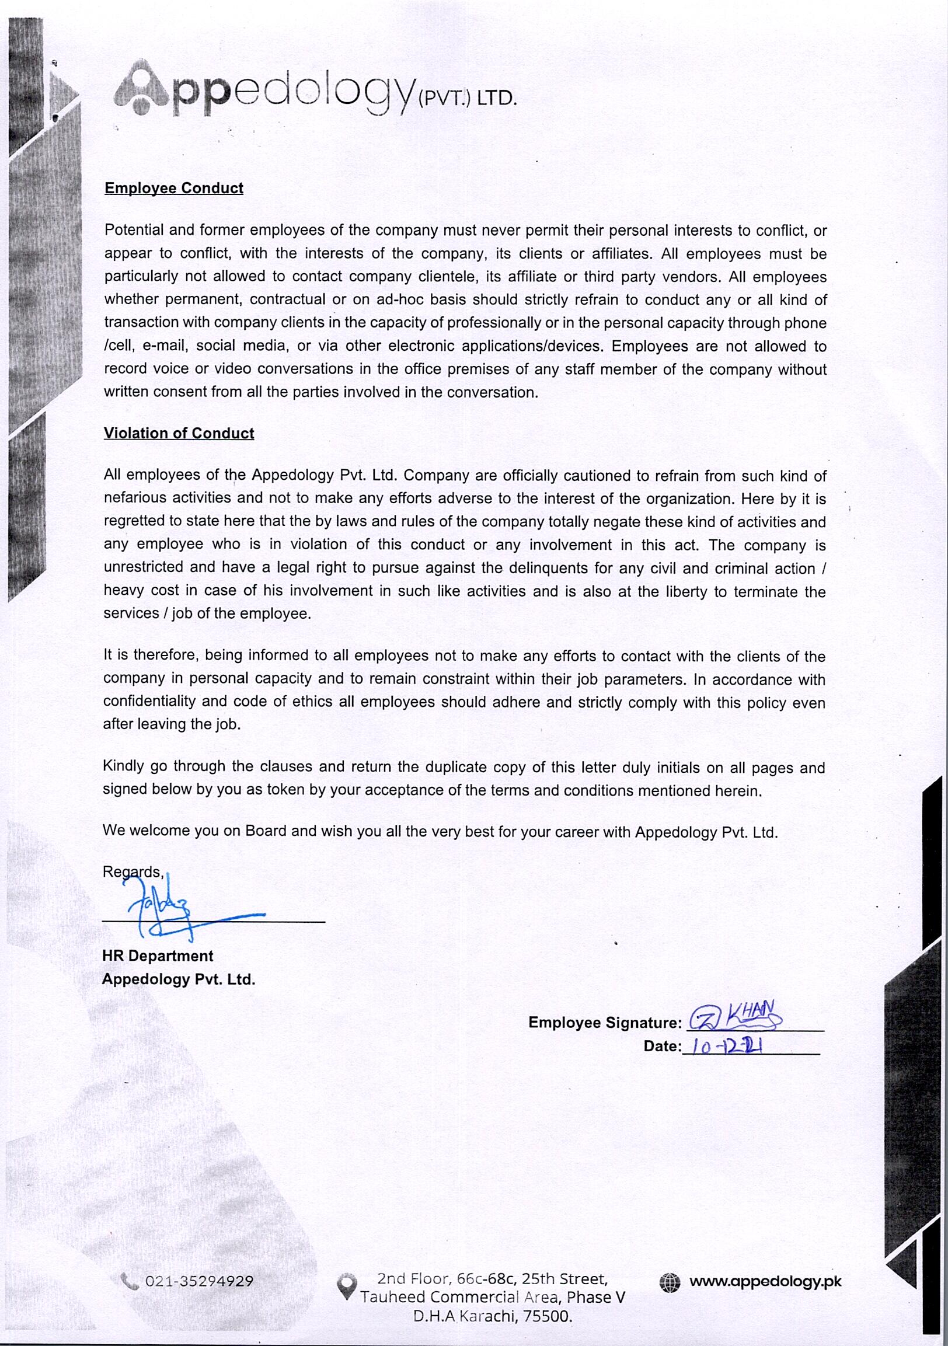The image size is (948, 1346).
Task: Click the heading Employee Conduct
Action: [173, 188]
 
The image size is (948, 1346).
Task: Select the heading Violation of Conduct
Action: [179, 433]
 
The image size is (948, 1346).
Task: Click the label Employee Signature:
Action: [605, 1023]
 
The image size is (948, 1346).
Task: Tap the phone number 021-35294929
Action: [199, 1282]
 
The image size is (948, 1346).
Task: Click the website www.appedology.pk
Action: [765, 1282]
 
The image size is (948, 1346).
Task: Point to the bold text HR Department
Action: [158, 956]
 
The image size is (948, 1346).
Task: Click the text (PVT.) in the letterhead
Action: [444, 99]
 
